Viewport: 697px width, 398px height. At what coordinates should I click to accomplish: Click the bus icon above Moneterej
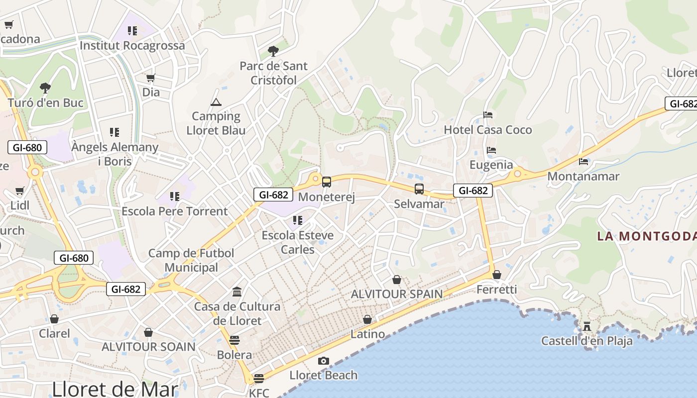(x=327, y=182)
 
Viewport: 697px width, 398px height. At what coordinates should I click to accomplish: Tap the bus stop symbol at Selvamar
(x=419, y=189)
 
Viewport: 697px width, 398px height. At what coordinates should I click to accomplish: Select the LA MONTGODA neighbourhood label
(x=647, y=236)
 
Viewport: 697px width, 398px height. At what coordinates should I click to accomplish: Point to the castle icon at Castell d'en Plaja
(x=587, y=326)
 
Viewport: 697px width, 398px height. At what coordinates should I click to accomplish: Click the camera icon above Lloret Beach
(x=324, y=361)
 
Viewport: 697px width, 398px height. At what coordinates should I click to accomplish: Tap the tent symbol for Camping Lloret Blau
(x=216, y=102)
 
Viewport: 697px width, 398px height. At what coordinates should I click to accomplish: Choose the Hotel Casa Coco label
(x=488, y=130)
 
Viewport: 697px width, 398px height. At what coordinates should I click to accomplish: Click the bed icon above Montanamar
(x=583, y=162)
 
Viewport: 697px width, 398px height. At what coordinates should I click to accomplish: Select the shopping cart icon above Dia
(x=151, y=78)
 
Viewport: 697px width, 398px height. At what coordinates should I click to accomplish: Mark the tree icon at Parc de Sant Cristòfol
(x=273, y=51)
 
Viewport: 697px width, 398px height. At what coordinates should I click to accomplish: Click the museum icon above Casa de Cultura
(x=237, y=292)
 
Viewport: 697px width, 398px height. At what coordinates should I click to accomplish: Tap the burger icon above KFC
(x=258, y=379)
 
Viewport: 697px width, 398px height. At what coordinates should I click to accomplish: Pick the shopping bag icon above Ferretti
(x=496, y=275)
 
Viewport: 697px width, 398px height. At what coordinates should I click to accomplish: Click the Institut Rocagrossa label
(x=132, y=45)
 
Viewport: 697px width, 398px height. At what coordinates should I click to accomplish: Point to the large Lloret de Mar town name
(x=115, y=389)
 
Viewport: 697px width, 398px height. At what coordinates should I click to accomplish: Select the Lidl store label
(x=20, y=205)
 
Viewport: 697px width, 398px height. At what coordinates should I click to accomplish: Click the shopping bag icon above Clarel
(x=54, y=319)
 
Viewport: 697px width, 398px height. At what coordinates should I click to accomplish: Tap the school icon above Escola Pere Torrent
(x=174, y=197)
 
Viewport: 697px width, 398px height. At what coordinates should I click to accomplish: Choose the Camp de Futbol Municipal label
(x=191, y=260)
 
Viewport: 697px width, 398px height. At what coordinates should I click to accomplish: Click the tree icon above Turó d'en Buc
(x=45, y=88)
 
